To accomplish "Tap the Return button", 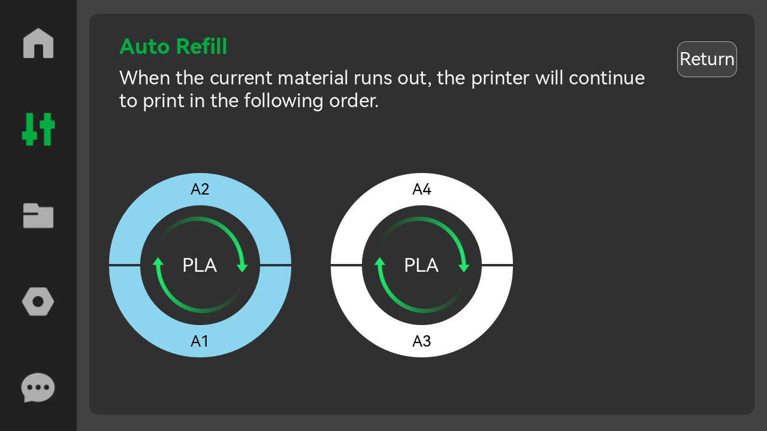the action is pos(706,59).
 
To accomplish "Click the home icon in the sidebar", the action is pos(38,43).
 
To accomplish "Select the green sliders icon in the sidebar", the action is pos(38,129).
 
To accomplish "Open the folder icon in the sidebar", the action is pos(38,215).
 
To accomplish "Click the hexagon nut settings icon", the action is pos(38,302).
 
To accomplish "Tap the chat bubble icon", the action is pos(38,387).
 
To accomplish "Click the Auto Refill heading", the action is pos(173,46).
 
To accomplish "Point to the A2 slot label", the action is pos(200,189).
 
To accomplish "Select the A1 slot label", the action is pos(200,341).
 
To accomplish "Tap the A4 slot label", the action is pos(422,189).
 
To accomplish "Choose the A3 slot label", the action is pos(421,341).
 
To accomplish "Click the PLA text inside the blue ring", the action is pos(200,265).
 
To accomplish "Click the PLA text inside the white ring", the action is pos(421,265).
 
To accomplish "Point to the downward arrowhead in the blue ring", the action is pos(243,267).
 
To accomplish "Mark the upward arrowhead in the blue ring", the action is pos(158,262).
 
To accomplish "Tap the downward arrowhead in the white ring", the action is pos(464,267).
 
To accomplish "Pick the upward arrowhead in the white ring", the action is pos(380,262).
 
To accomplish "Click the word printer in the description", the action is pos(500,78).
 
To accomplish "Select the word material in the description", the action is pos(313,78).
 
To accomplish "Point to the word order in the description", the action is pos(354,101).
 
